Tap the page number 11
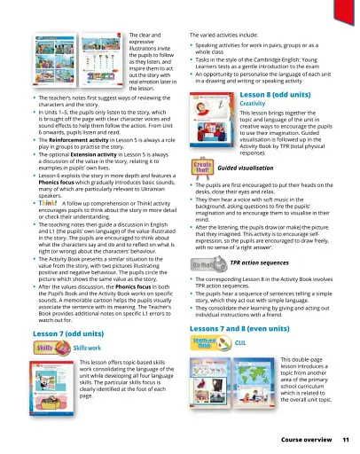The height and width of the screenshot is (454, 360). [x=345, y=440]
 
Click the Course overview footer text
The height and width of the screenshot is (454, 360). [x=306, y=440]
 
